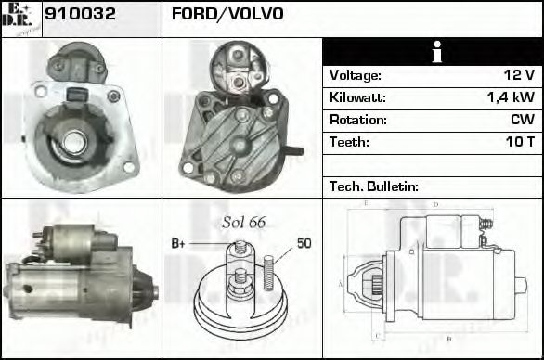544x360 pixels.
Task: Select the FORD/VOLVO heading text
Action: point(227,15)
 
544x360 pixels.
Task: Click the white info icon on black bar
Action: point(432,52)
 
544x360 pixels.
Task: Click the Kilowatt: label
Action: point(356,97)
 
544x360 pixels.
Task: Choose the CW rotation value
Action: point(522,120)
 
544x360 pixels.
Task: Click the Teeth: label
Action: point(349,142)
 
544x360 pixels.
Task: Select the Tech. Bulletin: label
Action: point(373,186)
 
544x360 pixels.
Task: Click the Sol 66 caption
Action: point(243,222)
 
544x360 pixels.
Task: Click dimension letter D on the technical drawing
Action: point(435,203)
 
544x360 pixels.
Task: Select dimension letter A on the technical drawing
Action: point(342,283)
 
